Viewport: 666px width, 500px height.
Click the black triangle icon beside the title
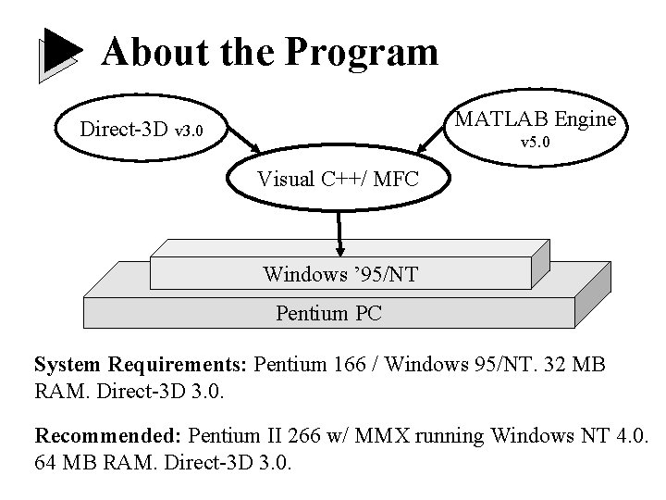[61, 54]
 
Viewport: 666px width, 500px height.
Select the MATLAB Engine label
[535, 119]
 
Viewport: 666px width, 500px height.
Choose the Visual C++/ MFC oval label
[338, 179]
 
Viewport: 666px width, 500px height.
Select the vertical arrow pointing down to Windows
[340, 235]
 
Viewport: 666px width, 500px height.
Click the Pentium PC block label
[328, 313]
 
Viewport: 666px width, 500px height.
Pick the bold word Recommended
[108, 433]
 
